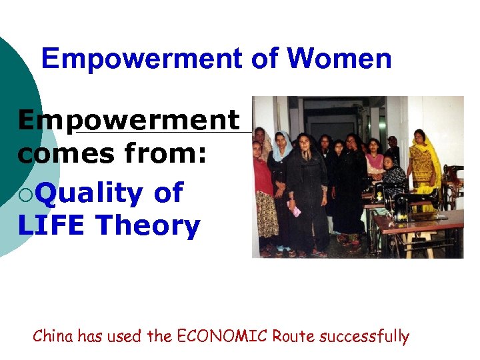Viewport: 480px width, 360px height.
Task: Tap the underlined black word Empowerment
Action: click(128, 121)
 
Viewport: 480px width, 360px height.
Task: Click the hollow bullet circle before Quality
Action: click(25, 194)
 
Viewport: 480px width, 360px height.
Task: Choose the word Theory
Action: click(147, 226)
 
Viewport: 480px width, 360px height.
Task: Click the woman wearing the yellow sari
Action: click(423, 167)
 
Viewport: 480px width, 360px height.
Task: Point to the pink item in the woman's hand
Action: click(294, 209)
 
